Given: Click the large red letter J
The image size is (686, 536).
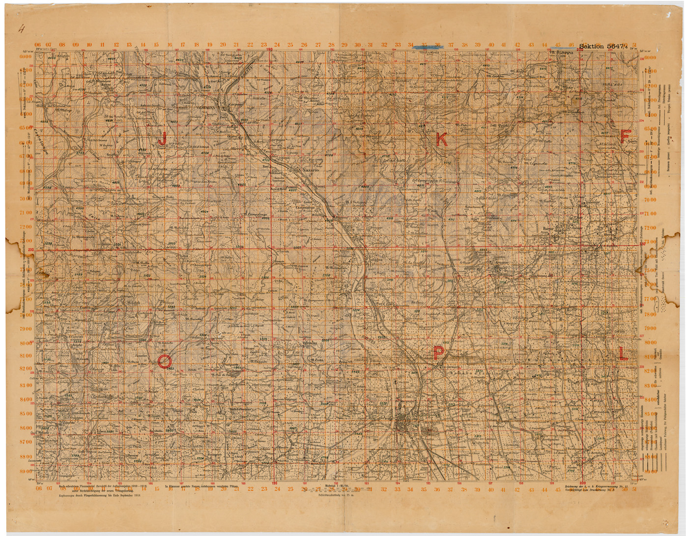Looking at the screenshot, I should pos(162,138).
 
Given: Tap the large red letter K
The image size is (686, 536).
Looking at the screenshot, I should pos(441,140).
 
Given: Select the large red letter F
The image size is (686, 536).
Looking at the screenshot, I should pos(625,136).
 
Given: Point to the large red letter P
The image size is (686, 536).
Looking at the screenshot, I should pos(438,352).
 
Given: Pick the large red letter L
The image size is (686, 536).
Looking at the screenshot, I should pos(623,353).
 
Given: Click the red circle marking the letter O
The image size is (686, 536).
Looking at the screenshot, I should pos(165,362).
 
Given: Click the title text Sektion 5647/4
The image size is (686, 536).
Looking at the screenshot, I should pos(605,46).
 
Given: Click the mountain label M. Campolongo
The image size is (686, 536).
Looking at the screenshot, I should pos(256,214).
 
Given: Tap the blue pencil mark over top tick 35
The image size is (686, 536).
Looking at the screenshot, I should pos(424,47).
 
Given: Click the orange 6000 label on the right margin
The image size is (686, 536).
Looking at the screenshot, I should pos(650,57).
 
